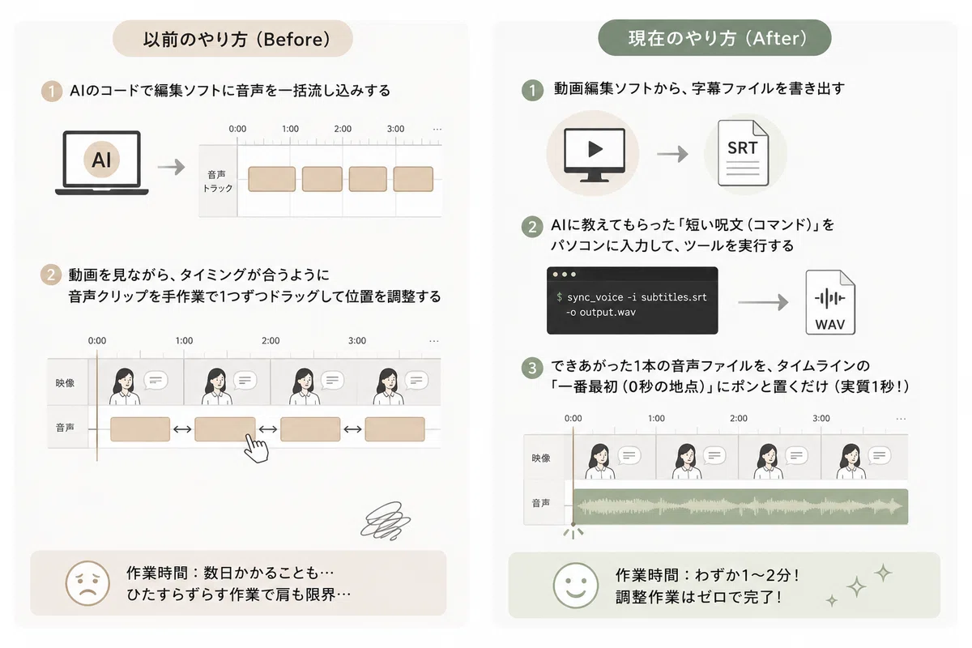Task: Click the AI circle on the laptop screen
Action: click(101, 160)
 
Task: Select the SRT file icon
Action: click(743, 153)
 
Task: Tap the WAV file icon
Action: click(830, 302)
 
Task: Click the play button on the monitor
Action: click(595, 149)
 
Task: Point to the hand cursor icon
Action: click(256, 448)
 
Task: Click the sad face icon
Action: click(87, 583)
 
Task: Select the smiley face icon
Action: click(575, 586)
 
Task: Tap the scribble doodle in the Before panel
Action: click(386, 521)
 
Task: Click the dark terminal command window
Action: click(633, 301)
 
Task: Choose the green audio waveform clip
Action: click(740, 506)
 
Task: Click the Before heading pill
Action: click(232, 39)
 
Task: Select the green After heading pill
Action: click(714, 38)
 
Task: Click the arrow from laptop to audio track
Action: click(172, 167)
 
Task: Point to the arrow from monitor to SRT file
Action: click(672, 154)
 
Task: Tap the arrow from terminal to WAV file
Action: click(763, 302)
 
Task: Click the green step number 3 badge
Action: click(532, 368)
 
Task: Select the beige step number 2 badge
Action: click(51, 275)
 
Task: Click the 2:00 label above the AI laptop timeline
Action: click(343, 129)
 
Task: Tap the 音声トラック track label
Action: click(217, 181)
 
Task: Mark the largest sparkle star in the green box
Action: click(856, 587)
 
